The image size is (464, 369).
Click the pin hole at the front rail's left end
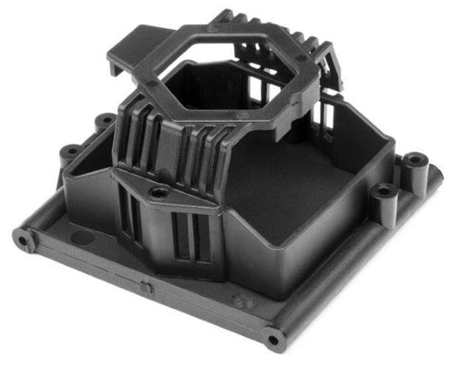pos(21,236)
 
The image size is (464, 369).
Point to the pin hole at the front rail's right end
pos(274,337)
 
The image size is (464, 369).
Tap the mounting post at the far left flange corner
pos(69,153)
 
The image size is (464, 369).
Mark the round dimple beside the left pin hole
pos(77,237)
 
